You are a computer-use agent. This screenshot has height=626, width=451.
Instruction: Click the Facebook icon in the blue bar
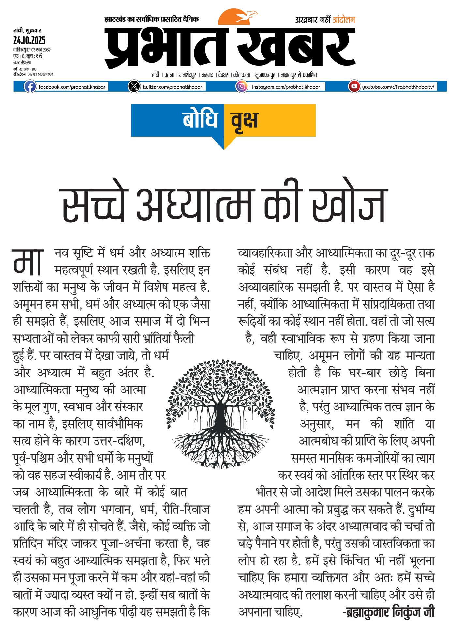30,87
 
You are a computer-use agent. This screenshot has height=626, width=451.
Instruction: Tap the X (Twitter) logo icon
134,87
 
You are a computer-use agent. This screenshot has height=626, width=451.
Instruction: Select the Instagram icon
242,86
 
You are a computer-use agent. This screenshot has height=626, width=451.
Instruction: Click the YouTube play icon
354,86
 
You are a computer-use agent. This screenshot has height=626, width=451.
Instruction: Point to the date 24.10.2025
29,40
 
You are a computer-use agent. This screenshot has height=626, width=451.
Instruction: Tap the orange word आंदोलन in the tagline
344,20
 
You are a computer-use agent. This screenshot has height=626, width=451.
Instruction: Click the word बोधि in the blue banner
200,119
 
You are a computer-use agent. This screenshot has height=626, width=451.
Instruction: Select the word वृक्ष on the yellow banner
245,120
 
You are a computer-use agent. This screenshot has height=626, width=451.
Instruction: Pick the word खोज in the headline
349,206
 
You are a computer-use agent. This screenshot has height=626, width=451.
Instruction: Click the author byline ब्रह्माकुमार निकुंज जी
389,612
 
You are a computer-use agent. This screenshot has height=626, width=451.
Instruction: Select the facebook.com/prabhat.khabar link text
72,87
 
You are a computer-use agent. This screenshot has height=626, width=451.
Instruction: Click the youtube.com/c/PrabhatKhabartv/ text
398,87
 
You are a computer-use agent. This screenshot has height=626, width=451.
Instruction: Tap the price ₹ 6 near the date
39,56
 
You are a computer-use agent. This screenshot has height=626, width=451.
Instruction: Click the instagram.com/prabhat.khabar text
286,87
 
